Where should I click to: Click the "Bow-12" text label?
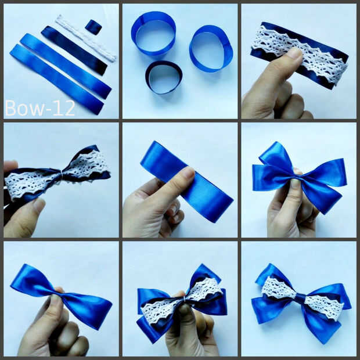click(40, 108)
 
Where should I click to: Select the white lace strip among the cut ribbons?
click(85, 38)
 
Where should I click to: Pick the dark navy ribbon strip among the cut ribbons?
click(74, 51)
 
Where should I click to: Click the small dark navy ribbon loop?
click(164, 77)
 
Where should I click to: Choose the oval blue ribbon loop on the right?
click(211, 49)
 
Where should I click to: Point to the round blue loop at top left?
click(154, 33)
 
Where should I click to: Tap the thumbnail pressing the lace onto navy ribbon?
click(294, 54)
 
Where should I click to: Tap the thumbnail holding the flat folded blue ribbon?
click(188, 174)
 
